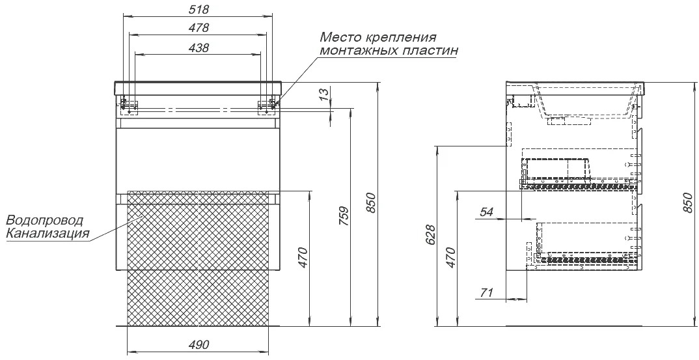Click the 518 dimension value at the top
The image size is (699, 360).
click(x=199, y=9)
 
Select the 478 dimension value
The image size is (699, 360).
click(x=199, y=27)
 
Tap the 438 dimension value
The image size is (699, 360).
click(x=199, y=48)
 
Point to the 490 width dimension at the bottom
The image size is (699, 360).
click(x=199, y=345)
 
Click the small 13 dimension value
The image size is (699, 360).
click(x=325, y=93)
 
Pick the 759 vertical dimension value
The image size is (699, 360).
click(x=343, y=215)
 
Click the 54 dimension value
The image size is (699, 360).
click(x=486, y=212)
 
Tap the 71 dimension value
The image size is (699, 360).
click(x=486, y=293)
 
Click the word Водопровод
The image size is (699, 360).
click(x=45, y=221)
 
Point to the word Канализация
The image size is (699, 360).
click(x=48, y=233)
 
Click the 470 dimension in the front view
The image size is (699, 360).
click(x=303, y=257)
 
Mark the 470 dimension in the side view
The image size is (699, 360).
click(x=450, y=257)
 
